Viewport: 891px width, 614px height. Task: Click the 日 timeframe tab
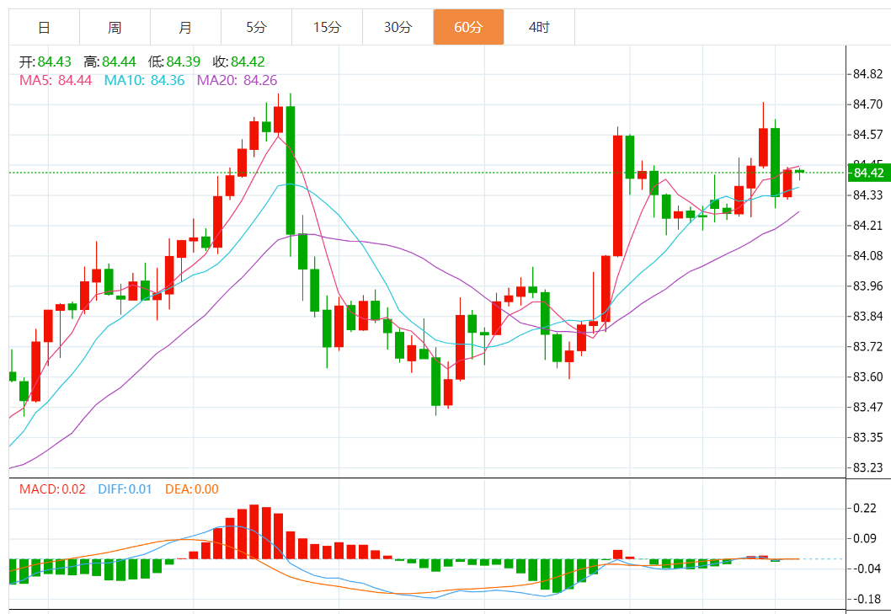pos(44,28)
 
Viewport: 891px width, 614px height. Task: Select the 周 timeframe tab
pos(115,28)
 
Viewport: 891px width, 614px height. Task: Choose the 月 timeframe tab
pos(185,28)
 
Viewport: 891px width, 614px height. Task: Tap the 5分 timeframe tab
pos(256,28)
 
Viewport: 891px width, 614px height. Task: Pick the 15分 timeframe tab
pos(327,28)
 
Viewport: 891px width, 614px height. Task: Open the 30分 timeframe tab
pos(397,28)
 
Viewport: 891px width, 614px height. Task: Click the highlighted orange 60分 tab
pos(468,28)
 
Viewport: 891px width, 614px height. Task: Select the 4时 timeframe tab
pos(539,28)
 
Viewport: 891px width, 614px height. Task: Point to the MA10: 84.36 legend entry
pos(144,81)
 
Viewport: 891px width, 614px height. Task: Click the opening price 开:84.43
pos(45,61)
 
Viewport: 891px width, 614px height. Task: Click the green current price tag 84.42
pos(868,173)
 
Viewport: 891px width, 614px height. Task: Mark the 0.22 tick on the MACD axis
pos(865,508)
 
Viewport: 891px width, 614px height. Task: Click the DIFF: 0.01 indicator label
pos(125,489)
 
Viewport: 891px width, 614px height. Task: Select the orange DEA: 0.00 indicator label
pos(191,489)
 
